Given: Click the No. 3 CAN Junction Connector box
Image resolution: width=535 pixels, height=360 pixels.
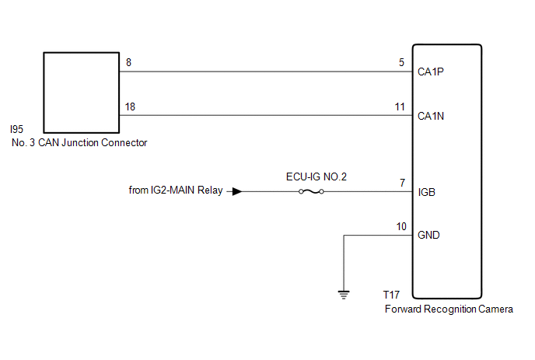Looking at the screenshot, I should (81, 93).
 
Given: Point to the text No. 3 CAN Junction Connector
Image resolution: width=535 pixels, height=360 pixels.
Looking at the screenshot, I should (79, 142).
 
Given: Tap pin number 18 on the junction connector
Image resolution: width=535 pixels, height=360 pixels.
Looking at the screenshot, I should (129, 107).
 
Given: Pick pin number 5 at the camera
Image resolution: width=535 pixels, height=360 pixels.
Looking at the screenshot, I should (401, 63).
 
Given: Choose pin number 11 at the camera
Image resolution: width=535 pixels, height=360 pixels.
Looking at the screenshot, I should (400, 107).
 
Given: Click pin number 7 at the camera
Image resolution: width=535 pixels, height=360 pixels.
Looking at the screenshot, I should (402, 182).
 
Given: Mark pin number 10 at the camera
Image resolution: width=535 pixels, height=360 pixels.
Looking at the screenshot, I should (400, 226).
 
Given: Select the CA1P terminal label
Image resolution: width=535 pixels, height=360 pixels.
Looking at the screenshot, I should (431, 72).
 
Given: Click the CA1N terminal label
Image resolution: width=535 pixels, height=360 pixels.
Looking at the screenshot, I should (431, 117).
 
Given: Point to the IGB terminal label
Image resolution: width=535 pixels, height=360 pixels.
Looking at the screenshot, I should (426, 191).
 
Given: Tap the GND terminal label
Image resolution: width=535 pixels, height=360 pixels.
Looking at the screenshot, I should (428, 235).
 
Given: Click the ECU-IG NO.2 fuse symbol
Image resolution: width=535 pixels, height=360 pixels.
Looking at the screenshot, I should (312, 191).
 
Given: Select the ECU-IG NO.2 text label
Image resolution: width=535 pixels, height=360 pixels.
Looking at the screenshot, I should (316, 177).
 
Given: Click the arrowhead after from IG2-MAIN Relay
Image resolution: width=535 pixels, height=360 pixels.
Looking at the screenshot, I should (237, 191).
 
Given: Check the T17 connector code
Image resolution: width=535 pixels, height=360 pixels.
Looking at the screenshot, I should (393, 295).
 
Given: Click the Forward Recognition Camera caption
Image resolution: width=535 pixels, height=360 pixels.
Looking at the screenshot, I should (449, 309).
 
